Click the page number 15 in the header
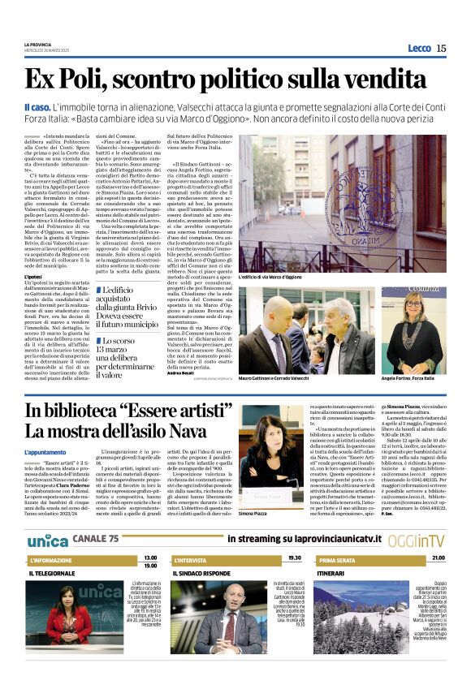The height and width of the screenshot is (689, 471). coord(441,48)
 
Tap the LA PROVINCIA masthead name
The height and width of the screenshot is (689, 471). coord(39,44)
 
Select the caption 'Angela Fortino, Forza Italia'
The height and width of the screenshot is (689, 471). coord(417,378)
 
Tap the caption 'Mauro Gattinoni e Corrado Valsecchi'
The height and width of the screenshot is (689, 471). coord(287,378)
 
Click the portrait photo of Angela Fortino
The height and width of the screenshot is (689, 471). coord(417,329)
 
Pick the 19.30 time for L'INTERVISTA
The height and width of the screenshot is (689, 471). coord(293,558)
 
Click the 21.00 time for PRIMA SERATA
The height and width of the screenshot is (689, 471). coord(438,558)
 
